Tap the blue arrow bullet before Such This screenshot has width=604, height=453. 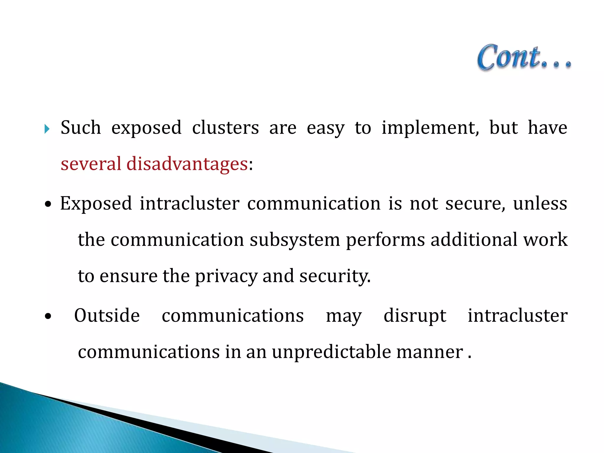[47, 129]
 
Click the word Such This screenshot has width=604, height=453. [81, 128]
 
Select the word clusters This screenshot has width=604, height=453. [225, 128]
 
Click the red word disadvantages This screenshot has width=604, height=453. [187, 164]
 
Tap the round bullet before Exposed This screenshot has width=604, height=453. [48, 204]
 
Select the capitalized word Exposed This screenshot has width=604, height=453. [96, 203]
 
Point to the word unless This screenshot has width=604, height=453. [540, 203]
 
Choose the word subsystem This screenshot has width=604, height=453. [295, 240]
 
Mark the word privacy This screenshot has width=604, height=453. [226, 276]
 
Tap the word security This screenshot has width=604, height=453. [335, 276]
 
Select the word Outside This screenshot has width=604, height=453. [107, 316]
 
